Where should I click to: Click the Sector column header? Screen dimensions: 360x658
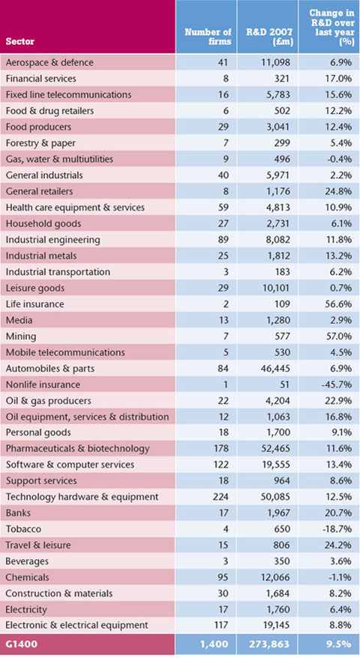(20, 41)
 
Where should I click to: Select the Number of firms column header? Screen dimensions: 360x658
(208, 37)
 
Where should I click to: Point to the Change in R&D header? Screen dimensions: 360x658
(331, 28)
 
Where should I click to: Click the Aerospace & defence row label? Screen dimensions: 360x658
(49, 62)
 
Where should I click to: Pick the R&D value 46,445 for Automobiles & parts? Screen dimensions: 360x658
(274, 369)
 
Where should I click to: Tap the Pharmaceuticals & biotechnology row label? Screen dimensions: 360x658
(77, 449)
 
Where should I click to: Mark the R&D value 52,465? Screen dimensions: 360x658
(274, 449)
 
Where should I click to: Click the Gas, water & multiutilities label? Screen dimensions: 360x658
(59, 159)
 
